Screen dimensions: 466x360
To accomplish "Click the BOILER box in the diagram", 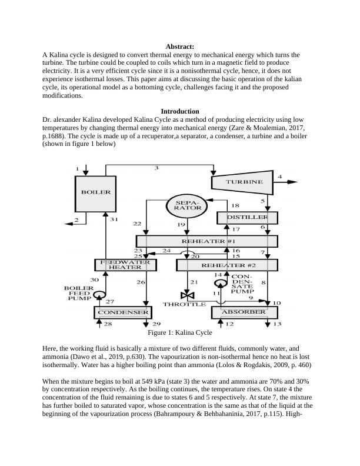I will pyautogui.click(x=95, y=192).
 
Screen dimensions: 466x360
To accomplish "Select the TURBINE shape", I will pyautogui.click(x=244, y=182).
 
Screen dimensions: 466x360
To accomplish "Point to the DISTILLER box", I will pyautogui.click(x=247, y=218).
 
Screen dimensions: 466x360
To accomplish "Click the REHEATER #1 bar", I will pyautogui.click(x=206, y=241).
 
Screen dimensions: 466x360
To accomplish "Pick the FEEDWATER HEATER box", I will pyautogui.click(x=126, y=265).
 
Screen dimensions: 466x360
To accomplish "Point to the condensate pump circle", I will pyautogui.click(x=220, y=284).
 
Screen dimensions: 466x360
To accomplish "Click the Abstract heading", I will pyautogui.click(x=180, y=46).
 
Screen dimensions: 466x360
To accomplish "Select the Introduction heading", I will pyautogui.click(x=179, y=111).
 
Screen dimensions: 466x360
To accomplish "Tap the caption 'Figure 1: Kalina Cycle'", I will pyautogui.click(x=179, y=332).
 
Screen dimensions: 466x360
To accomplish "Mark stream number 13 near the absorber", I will pyautogui.click(x=277, y=324).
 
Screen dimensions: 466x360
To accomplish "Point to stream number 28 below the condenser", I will pyautogui.click(x=107, y=324).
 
